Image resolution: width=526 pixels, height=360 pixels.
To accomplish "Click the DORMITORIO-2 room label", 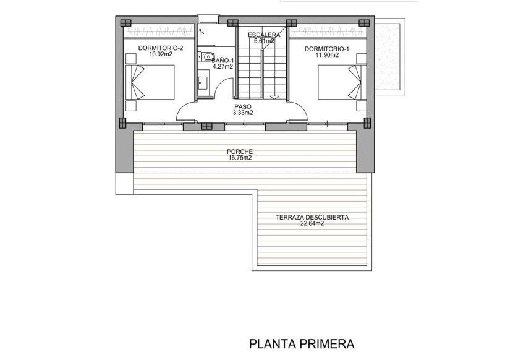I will pos(161,48).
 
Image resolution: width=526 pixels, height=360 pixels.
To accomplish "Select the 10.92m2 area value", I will pos(161,54).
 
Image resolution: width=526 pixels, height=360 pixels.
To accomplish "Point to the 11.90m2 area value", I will pos(327,54).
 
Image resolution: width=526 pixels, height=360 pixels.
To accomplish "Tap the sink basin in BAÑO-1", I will pos(203,81).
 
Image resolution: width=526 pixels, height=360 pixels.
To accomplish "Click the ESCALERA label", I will pos(263,35).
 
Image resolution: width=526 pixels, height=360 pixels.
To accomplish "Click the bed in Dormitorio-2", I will pos(151,82).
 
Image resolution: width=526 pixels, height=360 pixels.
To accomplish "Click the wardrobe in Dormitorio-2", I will pos(161,32).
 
